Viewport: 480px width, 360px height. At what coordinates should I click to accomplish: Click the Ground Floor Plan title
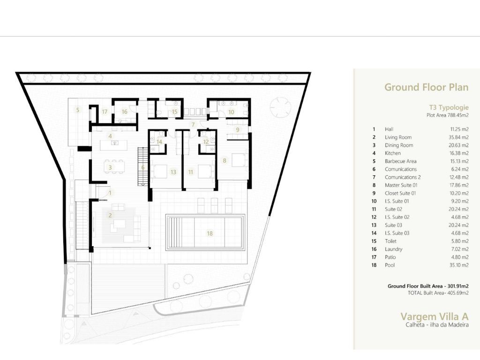tap(426, 87)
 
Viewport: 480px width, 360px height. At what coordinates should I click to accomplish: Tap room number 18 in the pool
tap(210, 233)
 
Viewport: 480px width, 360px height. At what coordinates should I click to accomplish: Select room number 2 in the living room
tap(110, 216)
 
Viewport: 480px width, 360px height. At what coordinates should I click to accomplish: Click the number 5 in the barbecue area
tap(78, 110)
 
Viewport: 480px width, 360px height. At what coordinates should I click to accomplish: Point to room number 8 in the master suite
tap(225, 160)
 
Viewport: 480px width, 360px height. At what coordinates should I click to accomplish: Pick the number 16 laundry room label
tap(124, 112)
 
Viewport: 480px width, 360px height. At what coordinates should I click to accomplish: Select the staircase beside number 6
tap(142, 165)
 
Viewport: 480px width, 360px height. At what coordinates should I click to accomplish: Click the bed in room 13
tap(158, 172)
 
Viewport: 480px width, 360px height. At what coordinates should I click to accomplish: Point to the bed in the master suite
tap(239, 160)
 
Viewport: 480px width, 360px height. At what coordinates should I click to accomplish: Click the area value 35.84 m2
tap(458, 137)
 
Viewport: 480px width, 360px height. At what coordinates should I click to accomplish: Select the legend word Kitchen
tap(393, 153)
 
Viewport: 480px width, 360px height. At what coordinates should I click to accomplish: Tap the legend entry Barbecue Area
tap(401, 161)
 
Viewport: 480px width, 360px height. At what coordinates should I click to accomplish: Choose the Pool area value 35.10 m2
tap(459, 265)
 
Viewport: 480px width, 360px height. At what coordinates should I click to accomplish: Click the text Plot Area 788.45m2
tap(448, 115)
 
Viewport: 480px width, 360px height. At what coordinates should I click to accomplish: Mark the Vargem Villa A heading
tap(435, 316)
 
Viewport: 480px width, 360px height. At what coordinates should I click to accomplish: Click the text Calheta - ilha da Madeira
tap(437, 325)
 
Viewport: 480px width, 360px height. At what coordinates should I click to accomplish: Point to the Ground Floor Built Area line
tap(428, 286)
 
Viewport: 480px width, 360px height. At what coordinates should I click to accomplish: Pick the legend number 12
tap(374, 217)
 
